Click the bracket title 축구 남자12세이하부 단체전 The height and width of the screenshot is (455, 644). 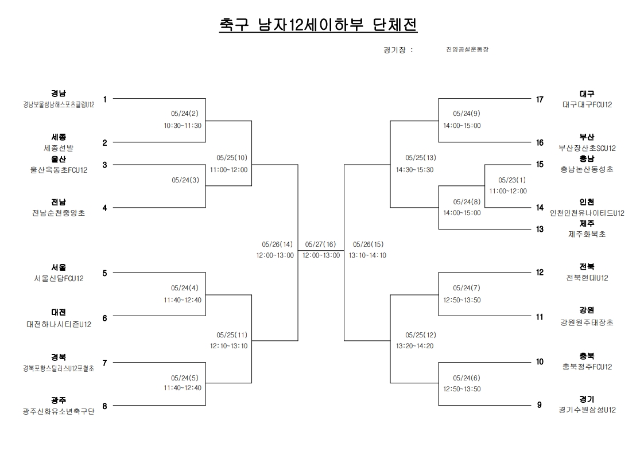click(318, 25)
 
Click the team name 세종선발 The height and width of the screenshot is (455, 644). click(59, 147)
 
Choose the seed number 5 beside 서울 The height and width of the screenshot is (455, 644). click(104, 273)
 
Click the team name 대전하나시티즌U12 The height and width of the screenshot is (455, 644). click(59, 324)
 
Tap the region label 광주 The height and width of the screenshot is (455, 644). click(58, 400)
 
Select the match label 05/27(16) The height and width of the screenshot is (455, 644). click(321, 244)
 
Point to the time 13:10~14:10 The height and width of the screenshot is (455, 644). click(367, 255)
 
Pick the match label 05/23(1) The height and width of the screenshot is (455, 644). click(508, 180)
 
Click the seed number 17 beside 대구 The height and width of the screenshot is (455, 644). click(540, 99)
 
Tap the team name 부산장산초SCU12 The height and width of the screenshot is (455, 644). click(587, 148)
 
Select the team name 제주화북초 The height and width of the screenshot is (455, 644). click(587, 234)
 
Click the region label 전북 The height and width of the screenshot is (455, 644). click(587, 267)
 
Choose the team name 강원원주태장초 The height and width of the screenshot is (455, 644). click(587, 322)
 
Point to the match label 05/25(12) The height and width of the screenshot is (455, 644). click(421, 335)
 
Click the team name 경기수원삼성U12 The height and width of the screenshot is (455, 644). click(587, 410)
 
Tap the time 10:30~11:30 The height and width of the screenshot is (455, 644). click(183, 125)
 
